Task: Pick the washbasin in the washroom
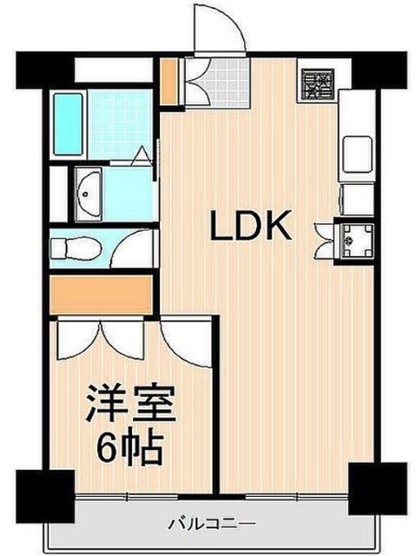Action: [x=88, y=192]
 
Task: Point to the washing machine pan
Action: [x=356, y=235]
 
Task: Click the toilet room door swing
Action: [x=130, y=248]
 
